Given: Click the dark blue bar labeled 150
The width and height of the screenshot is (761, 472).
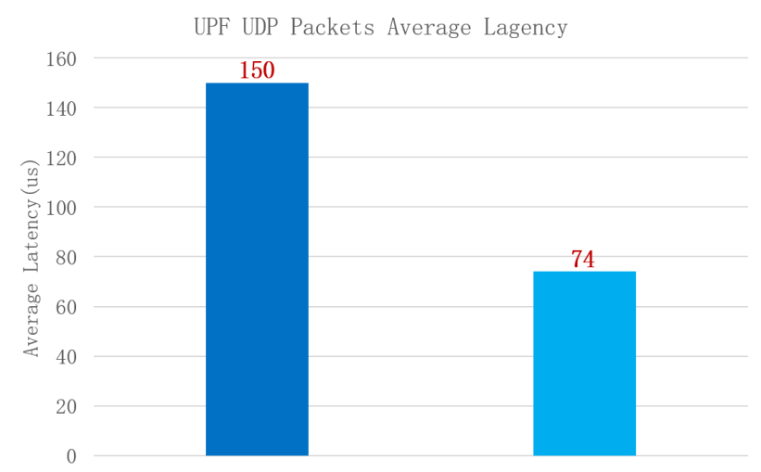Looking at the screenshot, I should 257,269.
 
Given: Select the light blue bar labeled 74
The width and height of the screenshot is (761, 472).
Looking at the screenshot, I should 584,364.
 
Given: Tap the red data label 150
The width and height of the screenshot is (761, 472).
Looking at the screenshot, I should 257,70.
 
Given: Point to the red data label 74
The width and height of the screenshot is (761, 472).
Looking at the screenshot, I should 582,260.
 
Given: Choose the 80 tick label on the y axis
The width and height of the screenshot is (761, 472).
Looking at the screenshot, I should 65,257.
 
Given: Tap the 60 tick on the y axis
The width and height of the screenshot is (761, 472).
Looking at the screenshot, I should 65,307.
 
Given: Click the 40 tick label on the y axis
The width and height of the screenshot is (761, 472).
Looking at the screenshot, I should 65,357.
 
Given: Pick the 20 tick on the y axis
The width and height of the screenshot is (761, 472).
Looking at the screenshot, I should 65,406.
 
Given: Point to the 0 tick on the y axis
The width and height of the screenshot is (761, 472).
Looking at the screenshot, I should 70,456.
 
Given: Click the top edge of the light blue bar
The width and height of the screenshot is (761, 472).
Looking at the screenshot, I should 584,272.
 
